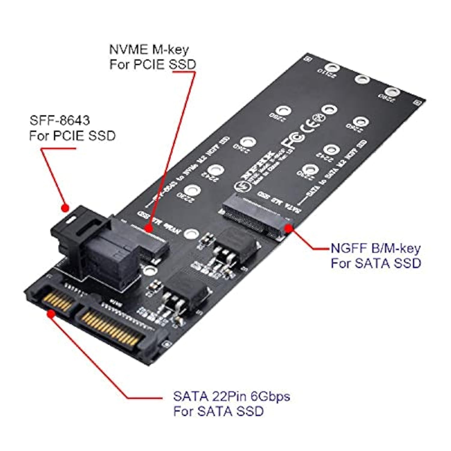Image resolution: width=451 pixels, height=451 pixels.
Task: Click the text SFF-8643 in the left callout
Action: tap(60, 120)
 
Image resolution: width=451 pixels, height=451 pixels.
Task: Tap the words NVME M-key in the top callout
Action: tap(149, 50)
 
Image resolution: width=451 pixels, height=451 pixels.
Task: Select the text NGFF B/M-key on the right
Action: tap(375, 248)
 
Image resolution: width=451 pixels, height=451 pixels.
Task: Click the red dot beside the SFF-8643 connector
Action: tap(65, 208)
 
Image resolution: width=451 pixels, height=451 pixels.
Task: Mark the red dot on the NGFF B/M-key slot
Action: tap(289, 229)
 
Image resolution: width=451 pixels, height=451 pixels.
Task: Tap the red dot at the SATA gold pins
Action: tap(51, 314)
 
